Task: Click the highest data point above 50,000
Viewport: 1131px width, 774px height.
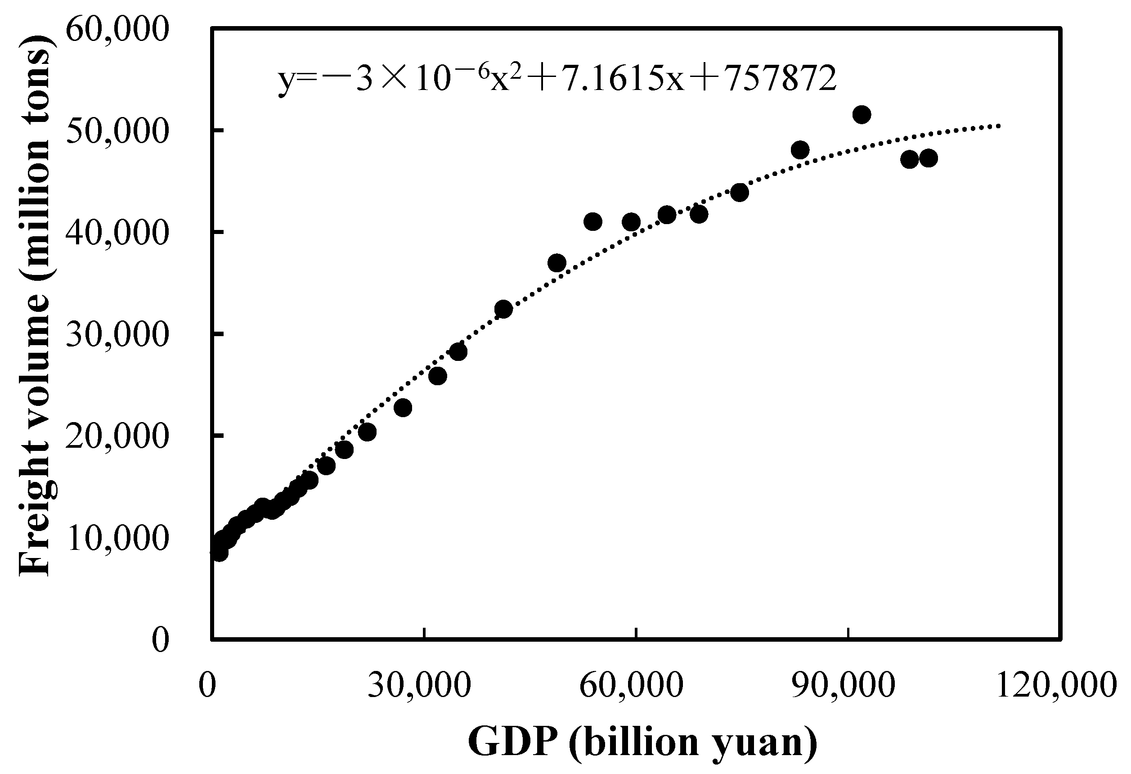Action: pos(862,115)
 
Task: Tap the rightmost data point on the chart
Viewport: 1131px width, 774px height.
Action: pos(929,158)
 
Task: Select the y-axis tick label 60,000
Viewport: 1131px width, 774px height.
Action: pos(117,30)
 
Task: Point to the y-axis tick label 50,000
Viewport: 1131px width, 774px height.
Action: pos(117,131)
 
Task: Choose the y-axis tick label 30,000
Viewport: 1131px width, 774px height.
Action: pos(117,334)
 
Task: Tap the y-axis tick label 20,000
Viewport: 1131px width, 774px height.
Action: pos(117,436)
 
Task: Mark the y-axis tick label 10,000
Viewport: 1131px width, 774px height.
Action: pos(117,538)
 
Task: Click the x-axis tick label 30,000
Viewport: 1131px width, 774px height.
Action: pos(419,686)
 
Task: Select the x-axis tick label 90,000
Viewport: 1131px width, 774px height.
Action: pos(844,686)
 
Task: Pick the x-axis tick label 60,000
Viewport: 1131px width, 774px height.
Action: pos(632,686)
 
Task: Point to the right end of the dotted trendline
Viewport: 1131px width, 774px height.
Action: pos(999,126)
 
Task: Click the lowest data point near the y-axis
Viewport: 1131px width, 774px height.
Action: pos(220,553)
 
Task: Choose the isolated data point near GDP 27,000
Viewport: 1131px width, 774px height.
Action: pos(403,407)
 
